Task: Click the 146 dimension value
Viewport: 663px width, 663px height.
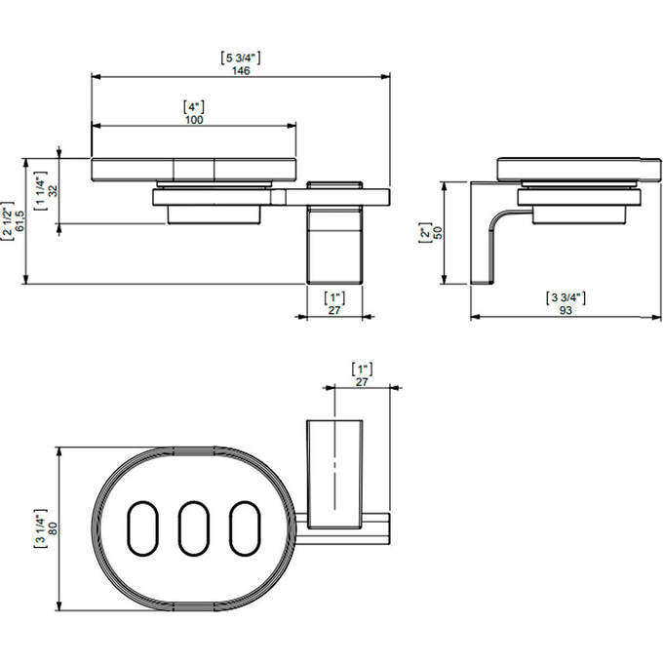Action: coord(241,70)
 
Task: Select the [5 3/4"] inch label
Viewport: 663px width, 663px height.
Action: coord(241,58)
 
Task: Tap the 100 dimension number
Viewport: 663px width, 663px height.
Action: coord(194,120)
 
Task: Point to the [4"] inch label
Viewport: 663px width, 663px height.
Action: coord(194,107)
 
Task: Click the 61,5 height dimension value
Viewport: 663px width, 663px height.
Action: coord(19,221)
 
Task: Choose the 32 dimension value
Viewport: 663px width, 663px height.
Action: coord(53,191)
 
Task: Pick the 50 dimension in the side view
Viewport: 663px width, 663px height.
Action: coord(438,233)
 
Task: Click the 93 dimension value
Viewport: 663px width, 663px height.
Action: coord(565,310)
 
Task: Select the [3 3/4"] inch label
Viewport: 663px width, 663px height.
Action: coord(565,298)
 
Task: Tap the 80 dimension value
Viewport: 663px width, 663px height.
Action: coord(53,528)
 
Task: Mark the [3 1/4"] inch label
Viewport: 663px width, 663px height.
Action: coord(40,528)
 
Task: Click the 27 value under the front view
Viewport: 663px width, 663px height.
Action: coord(334,310)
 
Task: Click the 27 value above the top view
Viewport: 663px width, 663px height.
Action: coord(362,382)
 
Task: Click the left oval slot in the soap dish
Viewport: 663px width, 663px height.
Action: coord(142,528)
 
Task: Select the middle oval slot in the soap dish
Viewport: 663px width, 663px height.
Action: coord(194,528)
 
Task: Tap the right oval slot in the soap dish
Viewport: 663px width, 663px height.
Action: coord(246,528)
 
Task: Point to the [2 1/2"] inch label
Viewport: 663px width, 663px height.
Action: coord(7,221)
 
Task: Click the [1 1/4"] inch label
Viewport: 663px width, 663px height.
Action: coord(40,191)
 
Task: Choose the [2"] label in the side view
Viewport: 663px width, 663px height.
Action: coord(424,233)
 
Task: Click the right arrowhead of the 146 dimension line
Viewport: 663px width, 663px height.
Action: coord(385,76)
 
